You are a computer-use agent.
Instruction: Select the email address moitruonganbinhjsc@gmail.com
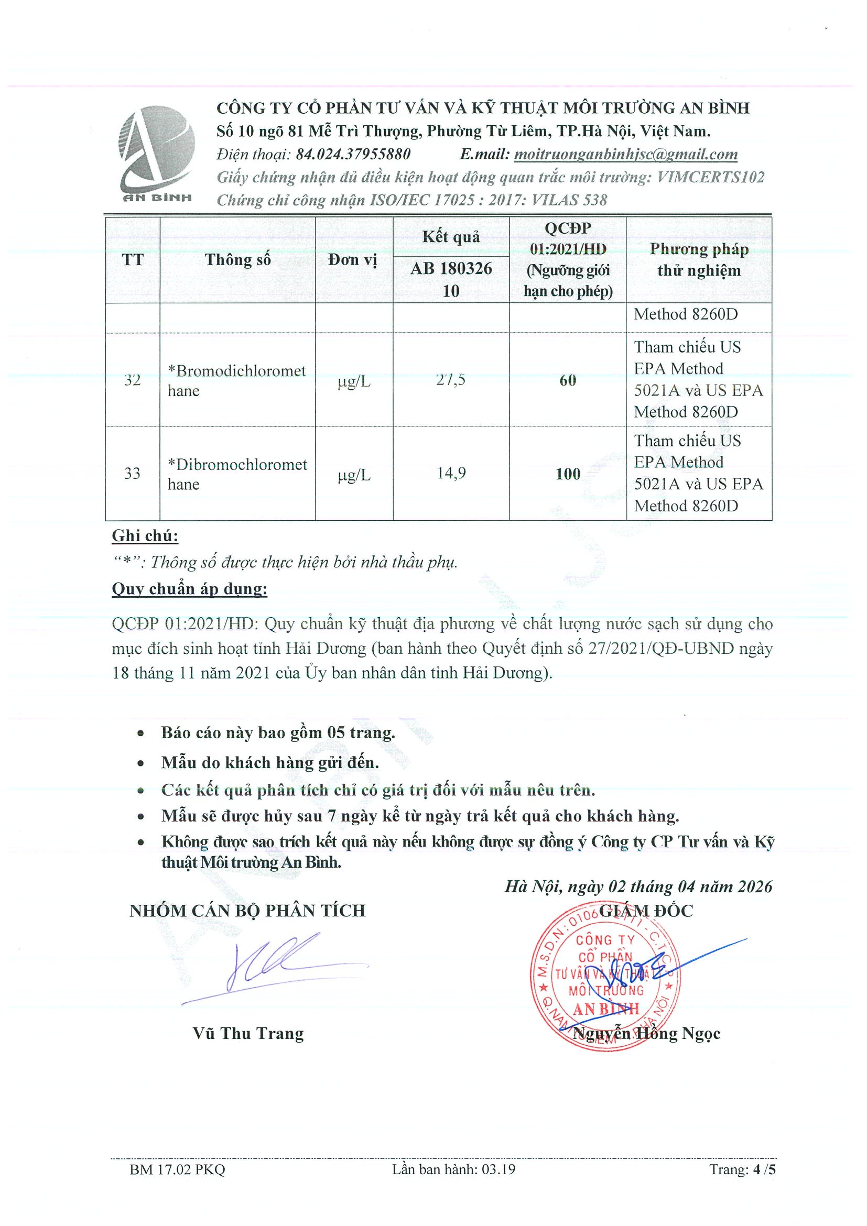click(x=625, y=155)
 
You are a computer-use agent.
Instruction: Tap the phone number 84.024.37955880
click(x=353, y=155)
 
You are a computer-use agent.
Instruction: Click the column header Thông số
click(x=237, y=260)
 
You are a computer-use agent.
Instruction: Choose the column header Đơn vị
click(x=353, y=260)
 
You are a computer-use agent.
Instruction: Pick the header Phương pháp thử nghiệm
click(x=699, y=260)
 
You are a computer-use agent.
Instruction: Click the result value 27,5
click(x=451, y=380)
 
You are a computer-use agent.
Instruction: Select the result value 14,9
click(x=451, y=473)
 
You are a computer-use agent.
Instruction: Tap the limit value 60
click(x=567, y=380)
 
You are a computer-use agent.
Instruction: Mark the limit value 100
click(x=567, y=474)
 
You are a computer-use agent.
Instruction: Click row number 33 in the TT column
click(x=132, y=473)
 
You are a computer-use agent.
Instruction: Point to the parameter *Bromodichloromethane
click(x=236, y=381)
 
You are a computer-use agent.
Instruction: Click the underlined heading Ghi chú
click(x=145, y=535)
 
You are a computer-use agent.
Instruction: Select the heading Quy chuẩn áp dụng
click(x=190, y=589)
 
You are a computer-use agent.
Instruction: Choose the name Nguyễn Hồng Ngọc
click(x=646, y=1034)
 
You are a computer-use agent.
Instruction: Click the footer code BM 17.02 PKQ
click(x=177, y=1169)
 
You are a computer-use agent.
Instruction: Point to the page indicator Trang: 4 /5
click(x=743, y=1169)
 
